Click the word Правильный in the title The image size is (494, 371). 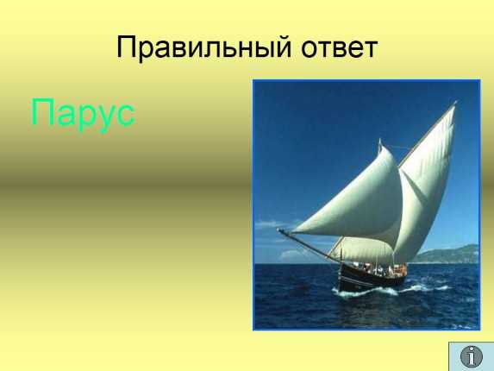tap(203, 48)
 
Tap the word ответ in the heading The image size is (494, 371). tap(340, 49)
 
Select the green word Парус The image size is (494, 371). tap(84, 114)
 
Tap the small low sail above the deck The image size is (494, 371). tap(362, 250)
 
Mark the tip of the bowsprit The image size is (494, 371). tap(278, 230)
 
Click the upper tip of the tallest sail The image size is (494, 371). tap(455, 102)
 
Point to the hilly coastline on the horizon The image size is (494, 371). tap(447, 255)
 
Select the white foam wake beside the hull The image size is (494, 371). tap(394, 291)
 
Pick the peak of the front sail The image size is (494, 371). tap(380, 141)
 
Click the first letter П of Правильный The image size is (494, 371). tap(128, 47)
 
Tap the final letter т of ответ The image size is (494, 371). tap(370, 49)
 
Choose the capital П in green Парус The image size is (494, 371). tap(43, 111)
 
